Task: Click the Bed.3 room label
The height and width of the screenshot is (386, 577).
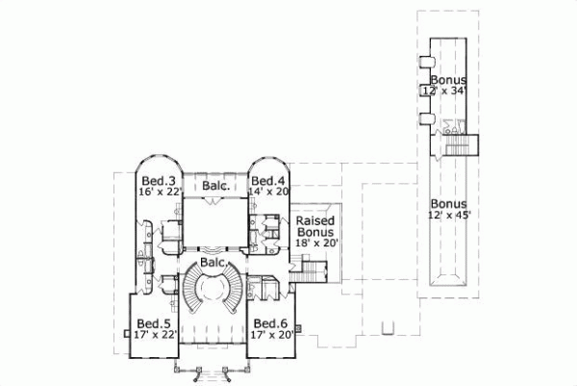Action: pyautogui.click(x=158, y=180)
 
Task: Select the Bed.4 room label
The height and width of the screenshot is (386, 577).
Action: pyautogui.click(x=265, y=180)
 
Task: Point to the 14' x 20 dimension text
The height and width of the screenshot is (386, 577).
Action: pyautogui.click(x=267, y=192)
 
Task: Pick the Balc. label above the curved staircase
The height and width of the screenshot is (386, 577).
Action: pyautogui.click(x=213, y=262)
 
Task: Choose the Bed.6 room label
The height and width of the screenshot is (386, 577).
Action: pyautogui.click(x=270, y=323)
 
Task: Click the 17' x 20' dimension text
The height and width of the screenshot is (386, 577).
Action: pyautogui.click(x=270, y=335)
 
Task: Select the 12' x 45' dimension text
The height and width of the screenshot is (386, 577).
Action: pyautogui.click(x=448, y=216)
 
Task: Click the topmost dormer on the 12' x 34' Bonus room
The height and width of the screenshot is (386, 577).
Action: pyautogui.click(x=424, y=62)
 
